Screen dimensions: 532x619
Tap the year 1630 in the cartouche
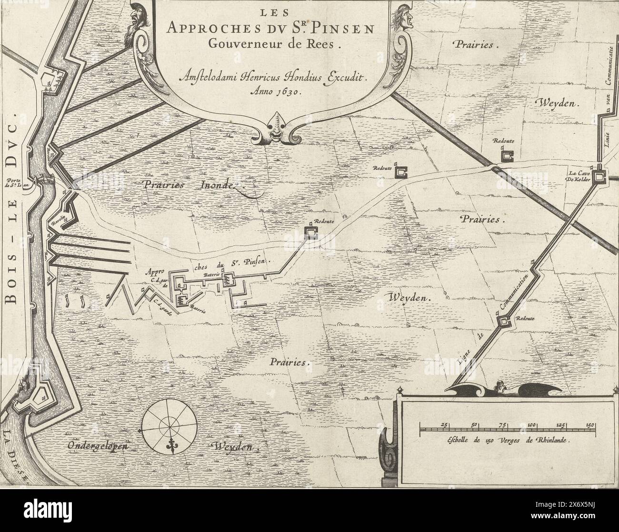[283, 93]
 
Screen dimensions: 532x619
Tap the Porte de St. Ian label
[18, 183]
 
